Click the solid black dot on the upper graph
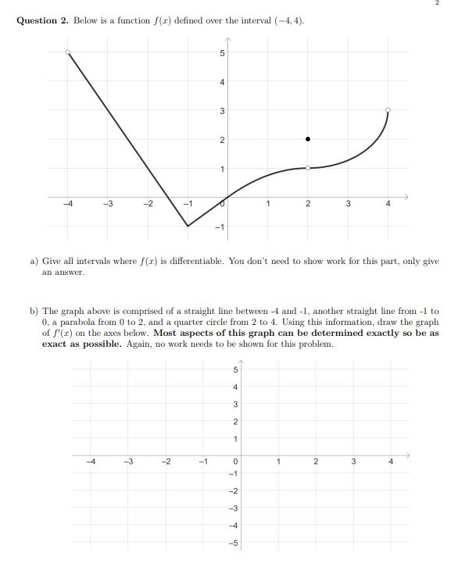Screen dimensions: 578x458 [x=308, y=139]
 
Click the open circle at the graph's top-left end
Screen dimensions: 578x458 [x=67, y=52]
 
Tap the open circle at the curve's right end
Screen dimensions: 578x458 [x=388, y=110]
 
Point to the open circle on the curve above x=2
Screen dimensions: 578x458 [x=308, y=168]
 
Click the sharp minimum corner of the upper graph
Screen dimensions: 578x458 [x=188, y=226]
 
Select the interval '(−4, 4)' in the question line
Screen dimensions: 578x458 [x=288, y=20]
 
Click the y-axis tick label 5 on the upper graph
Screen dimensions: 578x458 [x=222, y=53]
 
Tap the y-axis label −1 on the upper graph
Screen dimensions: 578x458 [x=220, y=227]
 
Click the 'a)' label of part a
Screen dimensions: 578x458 [x=34, y=262]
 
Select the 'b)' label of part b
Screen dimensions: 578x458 [x=34, y=311]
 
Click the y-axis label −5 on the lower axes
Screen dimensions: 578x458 [x=234, y=544]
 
